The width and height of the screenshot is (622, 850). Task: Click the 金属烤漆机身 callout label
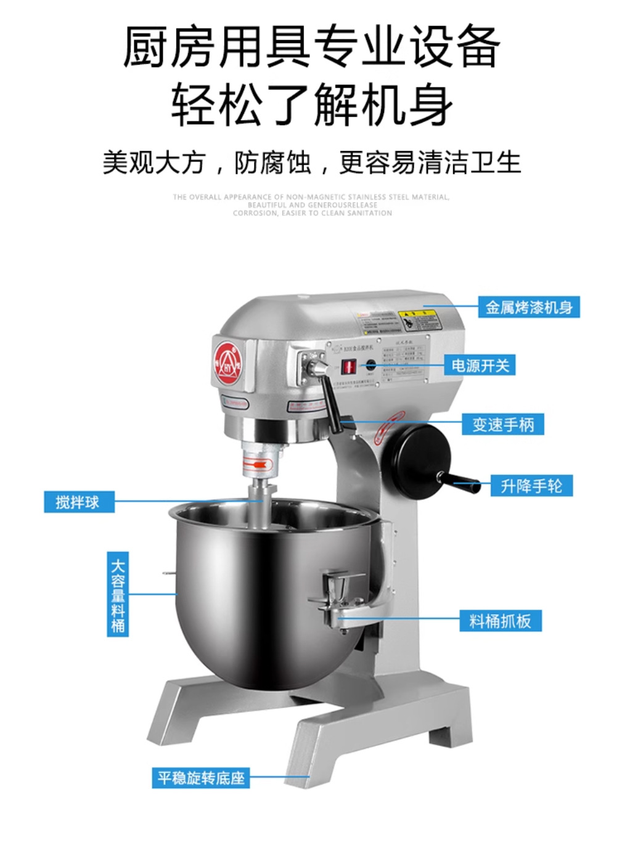pyautogui.click(x=528, y=307)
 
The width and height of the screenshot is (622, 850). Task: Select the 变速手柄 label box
pyautogui.click(x=502, y=425)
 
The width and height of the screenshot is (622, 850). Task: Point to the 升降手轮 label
pyautogui.click(x=531, y=486)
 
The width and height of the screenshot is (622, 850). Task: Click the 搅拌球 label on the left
pyautogui.click(x=78, y=502)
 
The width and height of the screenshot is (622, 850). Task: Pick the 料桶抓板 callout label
pyautogui.click(x=500, y=621)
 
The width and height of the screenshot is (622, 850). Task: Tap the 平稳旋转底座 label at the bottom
pyautogui.click(x=201, y=777)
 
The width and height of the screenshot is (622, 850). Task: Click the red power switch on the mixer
pyautogui.click(x=348, y=367)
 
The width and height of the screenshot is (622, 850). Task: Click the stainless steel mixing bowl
pyautogui.click(x=265, y=592)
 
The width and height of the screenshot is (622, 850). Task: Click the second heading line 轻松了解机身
pyautogui.click(x=311, y=105)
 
